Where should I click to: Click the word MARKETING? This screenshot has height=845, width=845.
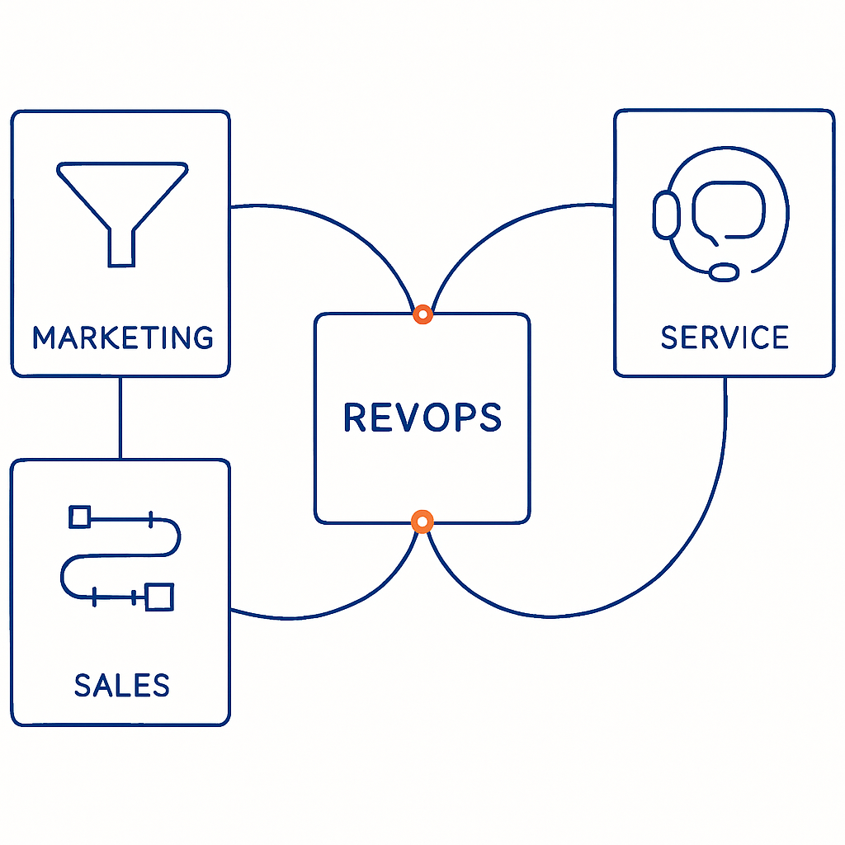[x=122, y=338]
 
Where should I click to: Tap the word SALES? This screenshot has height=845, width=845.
[x=121, y=686]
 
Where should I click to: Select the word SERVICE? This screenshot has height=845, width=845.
[x=725, y=338]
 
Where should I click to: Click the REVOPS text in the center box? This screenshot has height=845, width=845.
[x=422, y=418]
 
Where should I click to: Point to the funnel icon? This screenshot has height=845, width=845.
[x=121, y=206]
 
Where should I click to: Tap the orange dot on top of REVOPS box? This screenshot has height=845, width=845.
[x=422, y=314]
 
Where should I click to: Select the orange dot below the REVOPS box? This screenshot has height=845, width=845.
[x=422, y=521]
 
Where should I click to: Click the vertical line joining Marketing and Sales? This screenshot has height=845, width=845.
[x=120, y=418]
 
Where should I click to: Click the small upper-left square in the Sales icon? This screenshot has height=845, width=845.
[x=79, y=517]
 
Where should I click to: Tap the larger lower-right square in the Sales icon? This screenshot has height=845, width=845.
[x=159, y=596]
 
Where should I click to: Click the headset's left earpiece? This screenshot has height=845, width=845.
[x=666, y=215]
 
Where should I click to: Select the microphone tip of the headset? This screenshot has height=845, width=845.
[x=725, y=271]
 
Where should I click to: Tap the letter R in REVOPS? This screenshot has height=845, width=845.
[x=355, y=418]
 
